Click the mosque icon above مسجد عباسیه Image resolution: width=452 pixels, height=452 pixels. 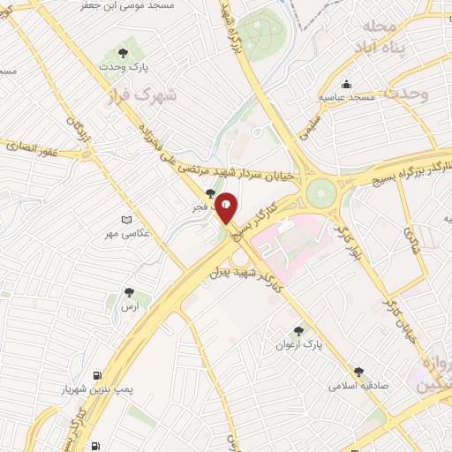[347, 84]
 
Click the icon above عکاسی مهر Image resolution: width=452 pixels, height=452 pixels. [129, 219]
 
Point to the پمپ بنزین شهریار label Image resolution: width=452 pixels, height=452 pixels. [97, 388]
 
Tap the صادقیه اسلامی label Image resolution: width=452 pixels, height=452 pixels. [358, 386]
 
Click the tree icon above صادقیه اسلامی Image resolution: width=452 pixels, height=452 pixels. [358, 373]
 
